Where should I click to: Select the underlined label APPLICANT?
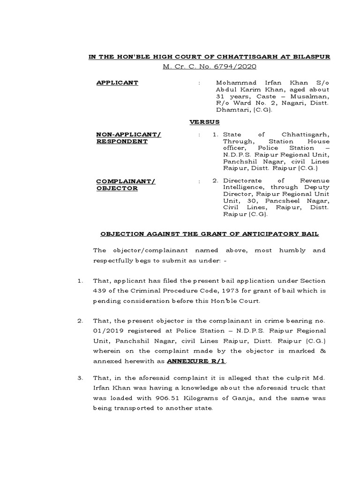117,82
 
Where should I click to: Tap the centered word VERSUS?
204,122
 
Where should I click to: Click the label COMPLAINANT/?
126,181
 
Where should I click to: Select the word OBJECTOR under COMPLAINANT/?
117,188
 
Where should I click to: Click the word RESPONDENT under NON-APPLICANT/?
122,142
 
